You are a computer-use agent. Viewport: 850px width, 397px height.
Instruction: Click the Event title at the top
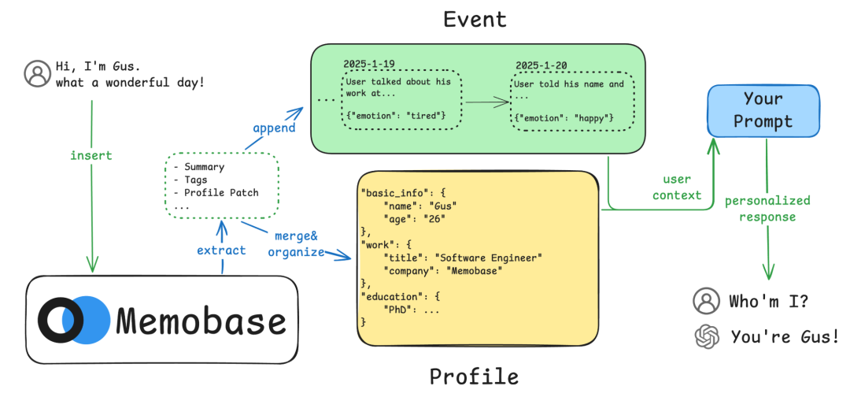coord(475,18)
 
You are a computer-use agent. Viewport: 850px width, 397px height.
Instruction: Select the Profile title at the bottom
coord(475,377)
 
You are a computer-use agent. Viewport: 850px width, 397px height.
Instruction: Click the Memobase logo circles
coord(73,320)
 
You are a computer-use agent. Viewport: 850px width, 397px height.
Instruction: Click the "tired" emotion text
coord(427,116)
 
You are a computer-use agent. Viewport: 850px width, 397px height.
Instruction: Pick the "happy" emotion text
coord(593,118)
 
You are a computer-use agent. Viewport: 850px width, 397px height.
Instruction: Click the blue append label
coord(275,127)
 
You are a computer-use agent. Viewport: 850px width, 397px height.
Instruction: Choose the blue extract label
coord(221,250)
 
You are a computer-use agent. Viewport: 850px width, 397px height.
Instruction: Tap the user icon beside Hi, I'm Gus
coord(37,73)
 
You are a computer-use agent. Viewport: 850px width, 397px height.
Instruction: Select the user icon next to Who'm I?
coord(707,300)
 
